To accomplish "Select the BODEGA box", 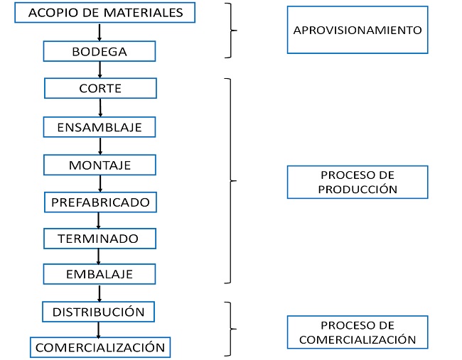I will pos(100,52).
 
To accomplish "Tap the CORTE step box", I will pos(100,89).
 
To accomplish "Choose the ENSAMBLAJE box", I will pos(100,127).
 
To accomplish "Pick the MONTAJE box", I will pos(100,165).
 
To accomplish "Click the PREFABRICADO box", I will pos(100,202).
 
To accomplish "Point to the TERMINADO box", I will pos(98,239).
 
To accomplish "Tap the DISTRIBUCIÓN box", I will pos(99,311).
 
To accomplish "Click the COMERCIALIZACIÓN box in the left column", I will pos(100,347).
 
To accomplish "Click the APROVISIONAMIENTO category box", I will pos(358,30).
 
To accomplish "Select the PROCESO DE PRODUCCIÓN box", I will pos(358,182).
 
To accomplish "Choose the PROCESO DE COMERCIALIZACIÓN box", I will pos(358,332).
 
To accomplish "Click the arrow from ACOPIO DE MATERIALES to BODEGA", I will pos(100,32).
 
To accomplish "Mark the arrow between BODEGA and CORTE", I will pos(100,70).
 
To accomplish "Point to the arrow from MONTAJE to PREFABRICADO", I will pos(100,183).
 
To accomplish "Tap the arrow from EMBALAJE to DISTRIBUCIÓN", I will pos(100,293).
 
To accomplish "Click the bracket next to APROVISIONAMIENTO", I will pos(230,31).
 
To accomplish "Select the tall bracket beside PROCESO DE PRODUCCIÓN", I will pos(230,180).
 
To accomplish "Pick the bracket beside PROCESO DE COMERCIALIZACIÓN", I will pos(230,329).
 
